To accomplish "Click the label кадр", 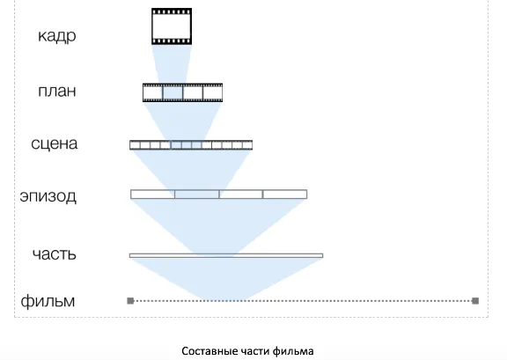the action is click(57, 36).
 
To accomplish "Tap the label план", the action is click(57, 91).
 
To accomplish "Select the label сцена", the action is click(55, 143).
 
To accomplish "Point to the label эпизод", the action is click(48, 196).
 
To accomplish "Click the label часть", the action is click(55, 254).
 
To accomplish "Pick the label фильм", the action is click(48, 301).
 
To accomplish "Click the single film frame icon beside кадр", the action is click(172, 26).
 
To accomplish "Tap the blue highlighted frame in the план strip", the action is click(173, 92).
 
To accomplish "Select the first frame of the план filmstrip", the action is click(153, 92).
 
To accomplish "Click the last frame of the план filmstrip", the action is click(213, 92).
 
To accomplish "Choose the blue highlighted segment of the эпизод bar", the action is click(197, 194).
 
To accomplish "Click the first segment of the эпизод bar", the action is click(152, 194).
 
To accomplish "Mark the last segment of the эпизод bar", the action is click(285, 194).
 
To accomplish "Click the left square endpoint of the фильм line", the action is click(130, 301).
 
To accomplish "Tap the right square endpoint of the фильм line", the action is click(475, 301).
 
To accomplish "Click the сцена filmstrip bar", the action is click(191, 145).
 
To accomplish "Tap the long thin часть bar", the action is click(226, 255).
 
